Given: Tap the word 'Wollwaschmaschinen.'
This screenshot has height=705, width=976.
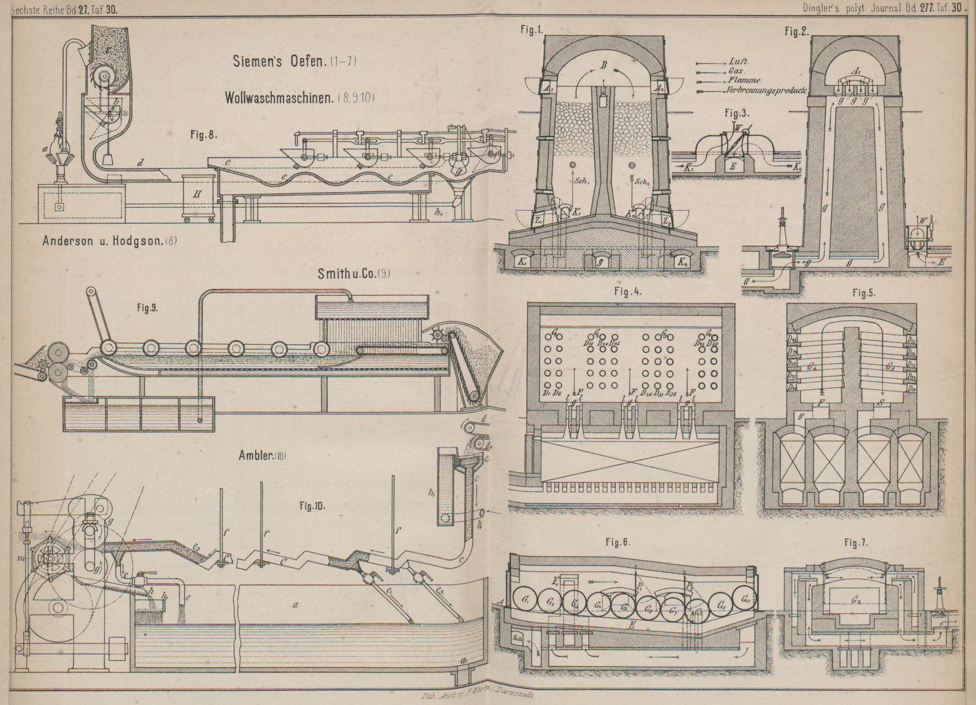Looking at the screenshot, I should [279, 98].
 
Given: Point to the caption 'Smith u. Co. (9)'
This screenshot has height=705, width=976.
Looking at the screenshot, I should [354, 273].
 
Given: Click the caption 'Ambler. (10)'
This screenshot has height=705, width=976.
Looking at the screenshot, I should [262, 456].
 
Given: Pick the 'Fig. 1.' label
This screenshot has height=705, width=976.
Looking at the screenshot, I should [531, 32].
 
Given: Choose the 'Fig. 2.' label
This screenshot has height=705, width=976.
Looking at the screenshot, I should [797, 32].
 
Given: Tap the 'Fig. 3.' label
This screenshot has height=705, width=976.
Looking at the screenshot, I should [737, 113].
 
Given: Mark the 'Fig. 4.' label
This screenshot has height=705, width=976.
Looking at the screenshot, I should [627, 292].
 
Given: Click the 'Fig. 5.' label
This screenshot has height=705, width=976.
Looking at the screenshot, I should [863, 293].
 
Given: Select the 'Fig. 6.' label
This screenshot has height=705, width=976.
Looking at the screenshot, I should [618, 542].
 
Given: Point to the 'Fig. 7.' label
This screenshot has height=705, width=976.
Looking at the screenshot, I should [856, 543].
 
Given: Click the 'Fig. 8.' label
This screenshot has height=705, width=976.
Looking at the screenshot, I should [203, 135].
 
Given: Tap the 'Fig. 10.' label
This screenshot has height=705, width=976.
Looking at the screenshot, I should [312, 506].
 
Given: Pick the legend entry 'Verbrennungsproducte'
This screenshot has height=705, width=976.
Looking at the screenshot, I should [766, 91].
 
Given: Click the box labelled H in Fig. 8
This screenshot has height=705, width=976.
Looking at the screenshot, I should [197, 195].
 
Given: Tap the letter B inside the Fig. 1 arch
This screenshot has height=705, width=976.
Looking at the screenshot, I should [603, 66].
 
